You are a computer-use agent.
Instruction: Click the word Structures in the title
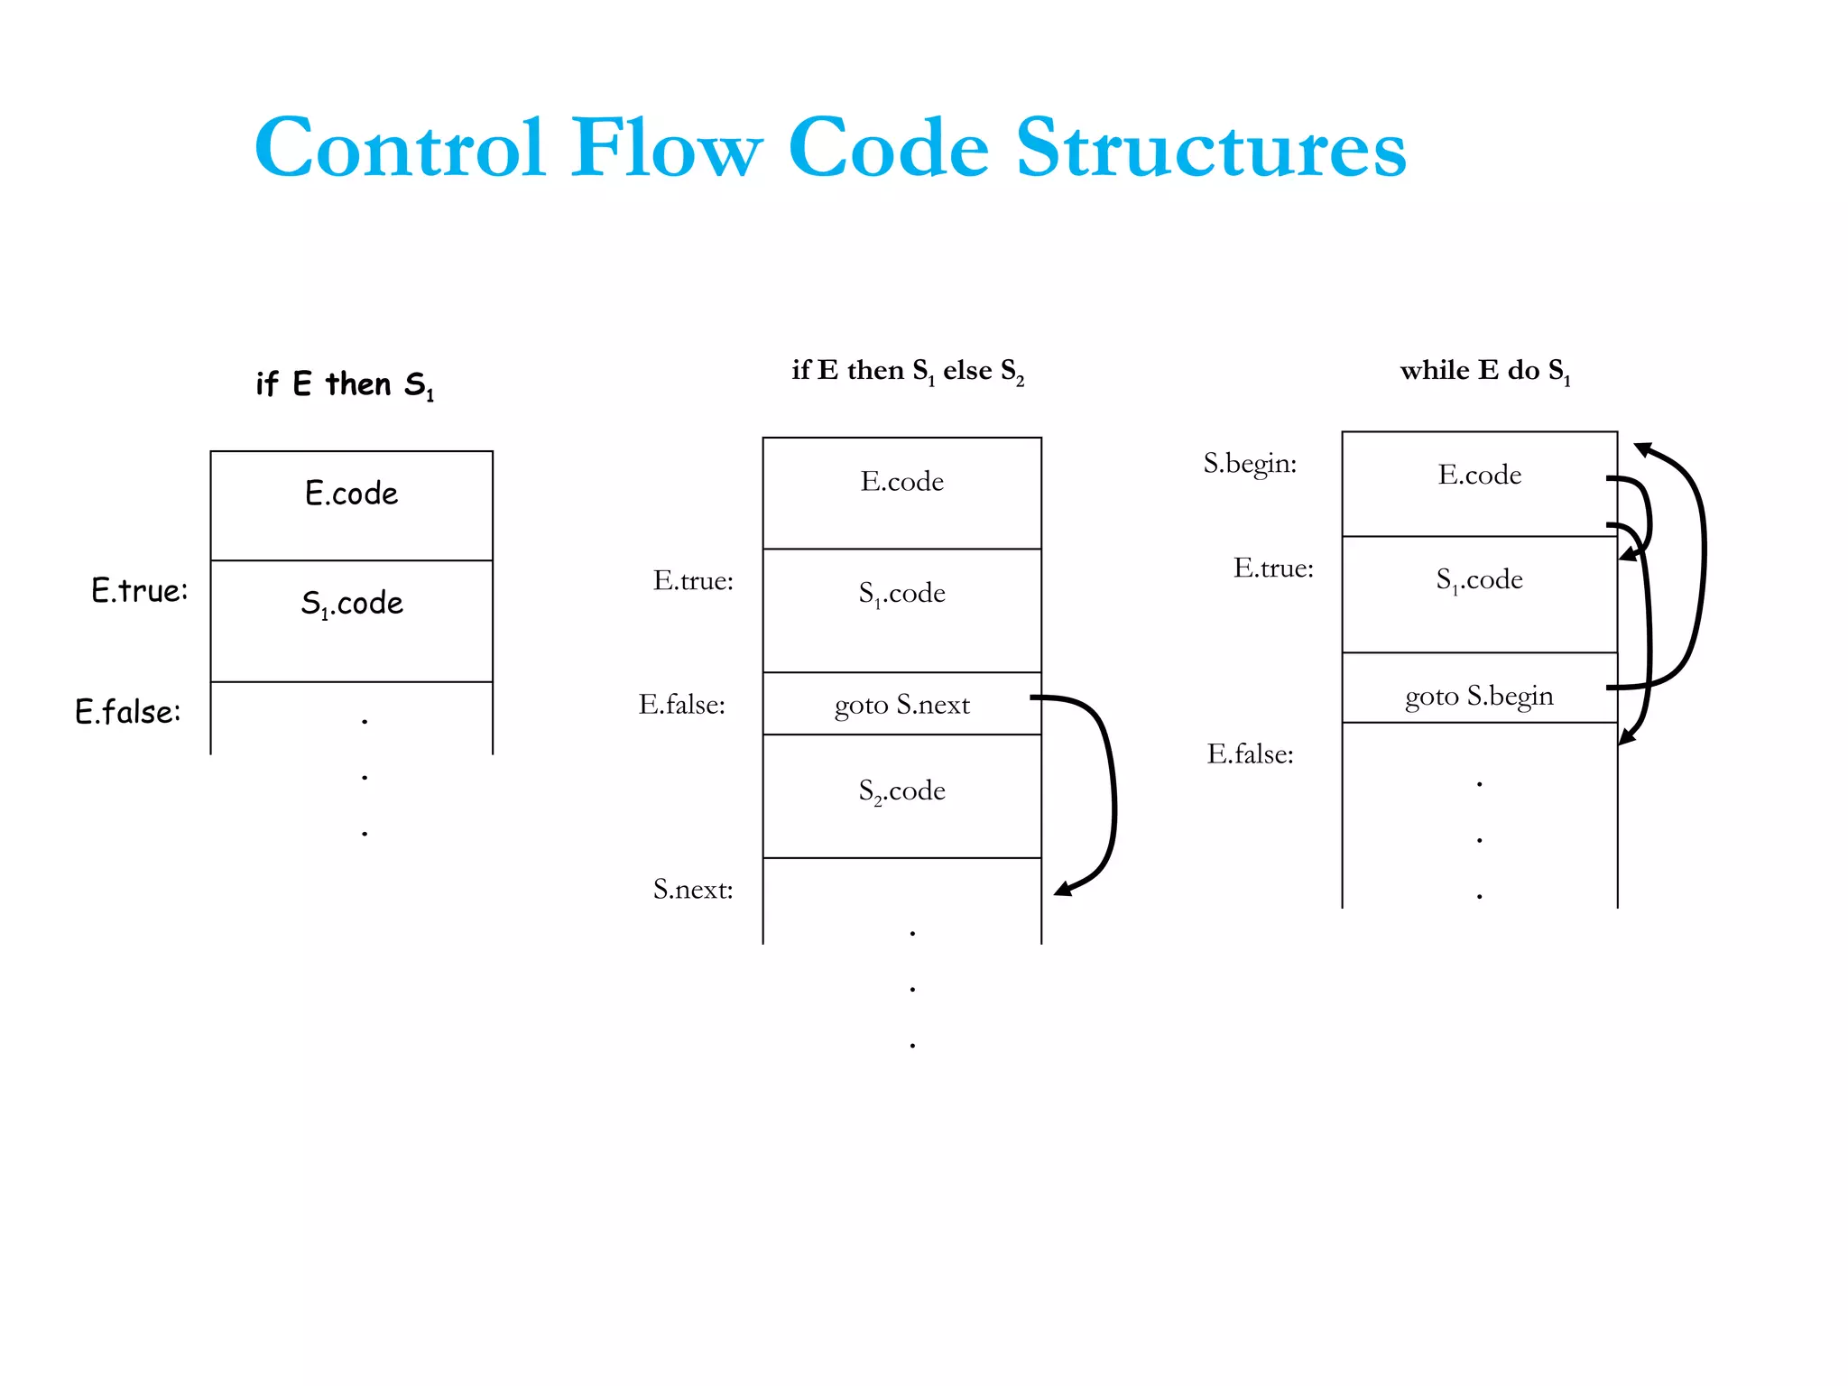1211,149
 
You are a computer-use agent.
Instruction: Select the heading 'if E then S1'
345,384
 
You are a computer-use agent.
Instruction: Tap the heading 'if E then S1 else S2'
907,371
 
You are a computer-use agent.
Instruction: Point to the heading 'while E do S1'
1484,371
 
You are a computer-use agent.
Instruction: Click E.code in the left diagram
351,494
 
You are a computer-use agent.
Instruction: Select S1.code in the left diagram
351,603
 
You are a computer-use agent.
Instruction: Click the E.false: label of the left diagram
127,712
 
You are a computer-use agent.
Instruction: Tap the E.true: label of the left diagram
139,591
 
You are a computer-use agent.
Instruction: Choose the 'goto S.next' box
901,705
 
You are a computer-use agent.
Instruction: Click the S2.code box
901,791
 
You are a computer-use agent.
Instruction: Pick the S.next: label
692,890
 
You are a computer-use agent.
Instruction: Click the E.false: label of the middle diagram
681,705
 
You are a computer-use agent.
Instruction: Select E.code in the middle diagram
901,482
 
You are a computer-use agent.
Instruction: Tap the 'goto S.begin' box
1479,696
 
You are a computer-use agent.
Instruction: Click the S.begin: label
1250,464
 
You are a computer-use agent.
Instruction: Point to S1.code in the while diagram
1479,579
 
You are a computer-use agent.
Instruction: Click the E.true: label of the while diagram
1273,568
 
